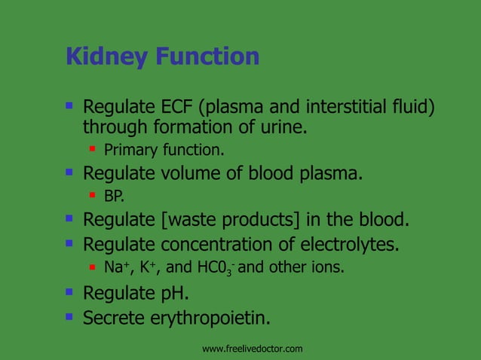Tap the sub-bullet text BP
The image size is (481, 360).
tap(114, 197)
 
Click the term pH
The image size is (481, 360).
tap(176, 293)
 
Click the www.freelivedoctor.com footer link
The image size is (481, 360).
tap(253, 349)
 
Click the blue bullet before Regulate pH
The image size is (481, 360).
tap(69, 291)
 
